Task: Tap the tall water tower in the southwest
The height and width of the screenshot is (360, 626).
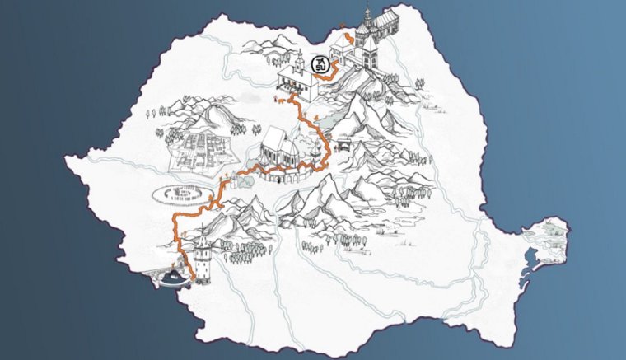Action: pyautogui.click(x=201, y=259)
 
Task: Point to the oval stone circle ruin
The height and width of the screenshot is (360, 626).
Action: pyautogui.click(x=180, y=194)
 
